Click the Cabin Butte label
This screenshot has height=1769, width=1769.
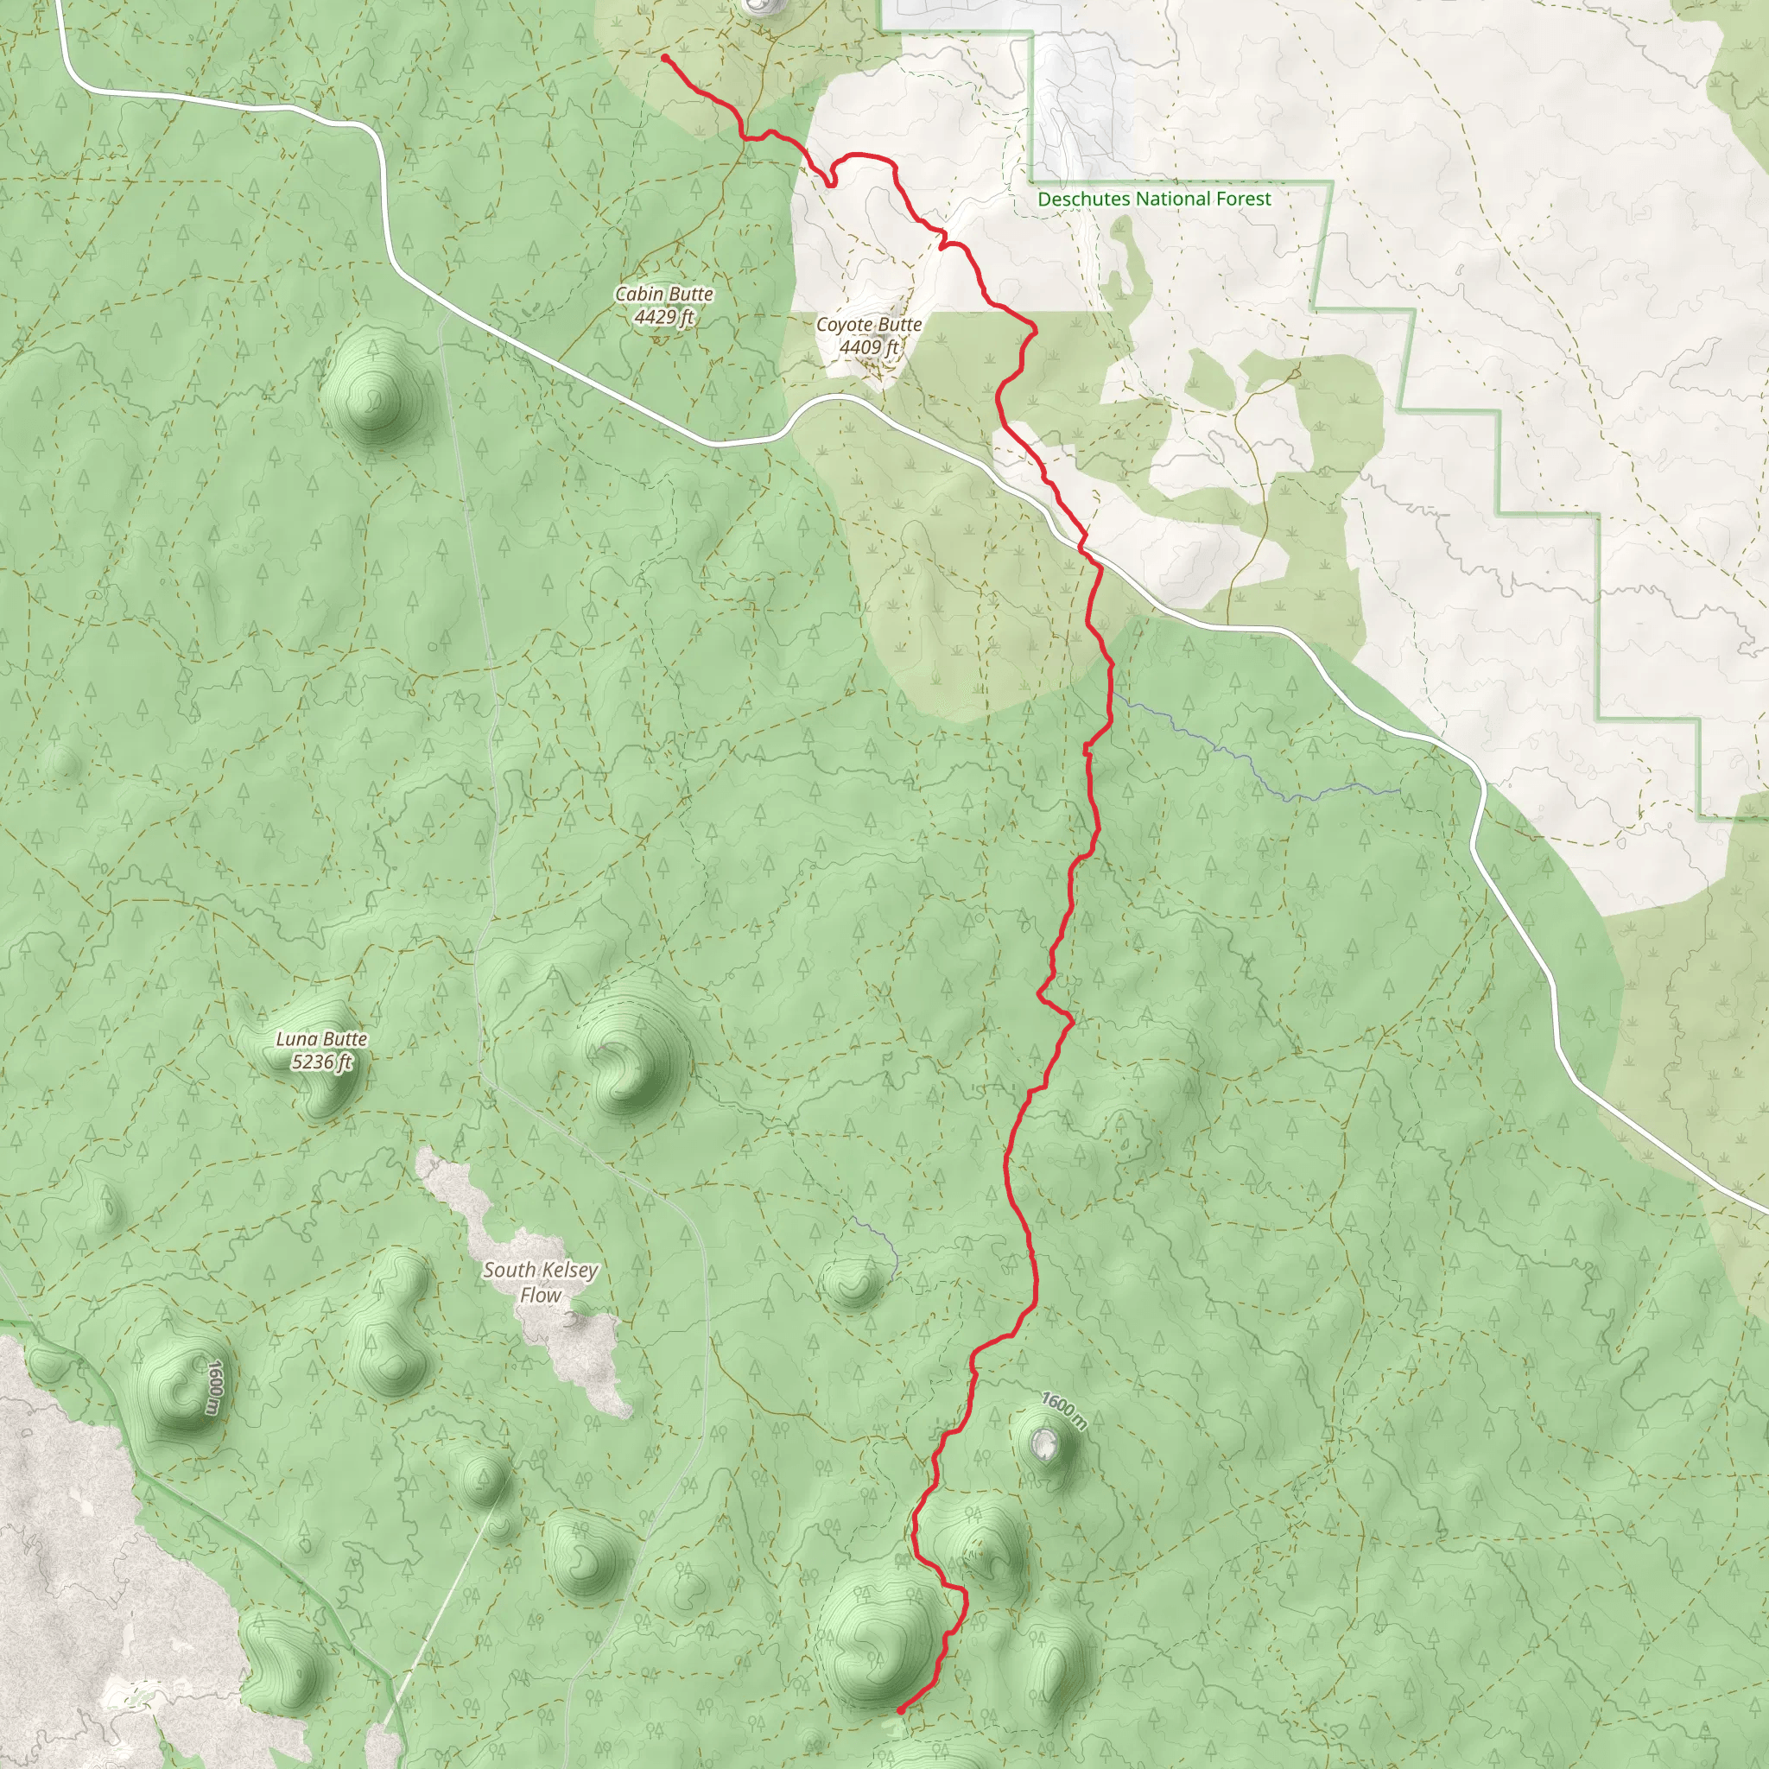click(664, 294)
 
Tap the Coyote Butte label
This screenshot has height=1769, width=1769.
click(868, 324)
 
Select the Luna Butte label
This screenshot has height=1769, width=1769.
click(321, 1038)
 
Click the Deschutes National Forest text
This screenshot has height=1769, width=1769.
click(1154, 199)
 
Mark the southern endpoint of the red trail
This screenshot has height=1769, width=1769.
click(901, 1709)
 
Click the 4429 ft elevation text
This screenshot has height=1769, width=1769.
click(664, 317)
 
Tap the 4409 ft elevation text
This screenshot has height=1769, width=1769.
click(868, 347)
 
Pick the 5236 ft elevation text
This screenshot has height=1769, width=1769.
click(321, 1062)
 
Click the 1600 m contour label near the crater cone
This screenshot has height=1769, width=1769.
click(1064, 1411)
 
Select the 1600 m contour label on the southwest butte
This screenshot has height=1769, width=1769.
click(213, 1386)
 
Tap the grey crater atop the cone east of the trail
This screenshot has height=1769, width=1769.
click(1043, 1444)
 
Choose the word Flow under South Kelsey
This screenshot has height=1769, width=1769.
click(540, 1295)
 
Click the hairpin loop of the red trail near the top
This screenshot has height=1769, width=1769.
click(832, 180)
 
